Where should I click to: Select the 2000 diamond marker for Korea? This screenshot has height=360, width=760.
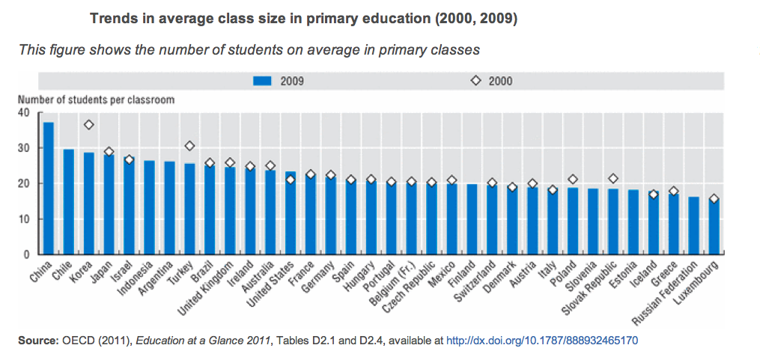[x=89, y=125]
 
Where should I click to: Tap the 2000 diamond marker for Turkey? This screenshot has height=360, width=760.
[x=189, y=146]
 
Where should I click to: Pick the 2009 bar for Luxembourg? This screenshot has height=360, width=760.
[x=714, y=227]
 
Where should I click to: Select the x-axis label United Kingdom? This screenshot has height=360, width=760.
[x=213, y=288]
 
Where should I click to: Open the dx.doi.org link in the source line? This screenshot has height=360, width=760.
[x=541, y=341]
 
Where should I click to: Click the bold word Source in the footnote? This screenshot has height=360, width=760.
[x=37, y=341]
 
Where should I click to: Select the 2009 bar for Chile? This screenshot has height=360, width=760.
[x=69, y=202]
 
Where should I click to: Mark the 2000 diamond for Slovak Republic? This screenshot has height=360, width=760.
[x=613, y=179]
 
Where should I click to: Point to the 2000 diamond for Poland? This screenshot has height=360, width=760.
[x=573, y=180]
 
